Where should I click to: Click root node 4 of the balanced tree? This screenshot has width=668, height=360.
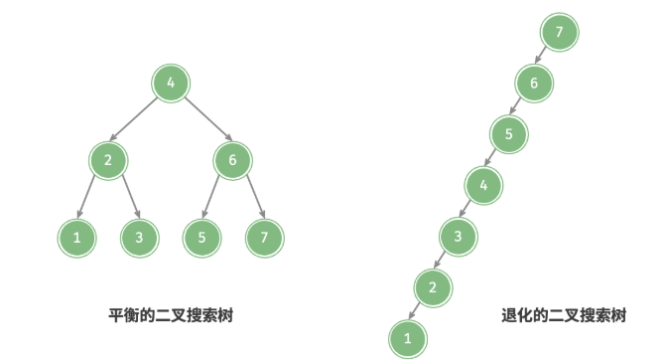pos(172,84)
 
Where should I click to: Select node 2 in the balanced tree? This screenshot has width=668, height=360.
pos(107,160)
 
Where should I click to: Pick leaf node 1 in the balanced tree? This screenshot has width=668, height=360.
pos(75,237)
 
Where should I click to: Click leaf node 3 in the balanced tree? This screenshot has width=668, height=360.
pos(139,237)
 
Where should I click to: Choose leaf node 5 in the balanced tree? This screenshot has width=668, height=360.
pos(202,237)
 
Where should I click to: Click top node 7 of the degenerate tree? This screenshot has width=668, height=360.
pos(560,32)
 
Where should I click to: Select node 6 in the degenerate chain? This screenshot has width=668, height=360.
pos(534,83)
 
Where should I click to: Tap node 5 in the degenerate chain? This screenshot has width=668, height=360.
pos(508,133)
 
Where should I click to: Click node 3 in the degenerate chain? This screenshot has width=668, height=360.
pos(458,237)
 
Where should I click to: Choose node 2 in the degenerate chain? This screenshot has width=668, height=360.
pos(432,288)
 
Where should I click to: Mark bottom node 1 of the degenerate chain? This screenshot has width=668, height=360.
pos(407,339)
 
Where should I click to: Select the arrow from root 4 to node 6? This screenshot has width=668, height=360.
pos(203,121)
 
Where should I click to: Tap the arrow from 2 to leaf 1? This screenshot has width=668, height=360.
pos(91,198)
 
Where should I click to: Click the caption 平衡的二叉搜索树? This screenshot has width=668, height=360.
pos(172,315)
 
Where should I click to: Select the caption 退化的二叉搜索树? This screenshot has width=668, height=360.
pos(564,315)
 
